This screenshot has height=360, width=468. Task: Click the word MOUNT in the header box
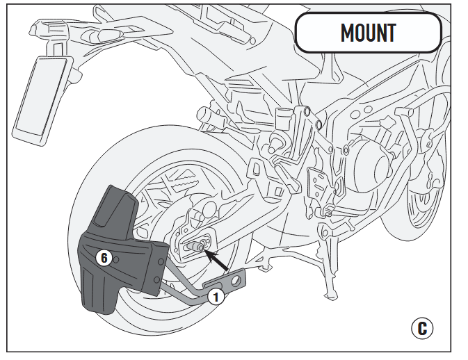click(x=368, y=33)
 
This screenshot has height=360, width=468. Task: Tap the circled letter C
click(x=422, y=327)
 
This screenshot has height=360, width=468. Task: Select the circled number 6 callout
click(x=104, y=258)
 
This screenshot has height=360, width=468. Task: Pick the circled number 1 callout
click(x=216, y=297)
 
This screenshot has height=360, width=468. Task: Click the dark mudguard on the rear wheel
click(x=115, y=250)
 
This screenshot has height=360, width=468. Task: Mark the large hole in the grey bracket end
click(x=238, y=280)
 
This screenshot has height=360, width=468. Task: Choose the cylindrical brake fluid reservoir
click(x=283, y=117)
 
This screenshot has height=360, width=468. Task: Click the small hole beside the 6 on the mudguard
click(x=118, y=259)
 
